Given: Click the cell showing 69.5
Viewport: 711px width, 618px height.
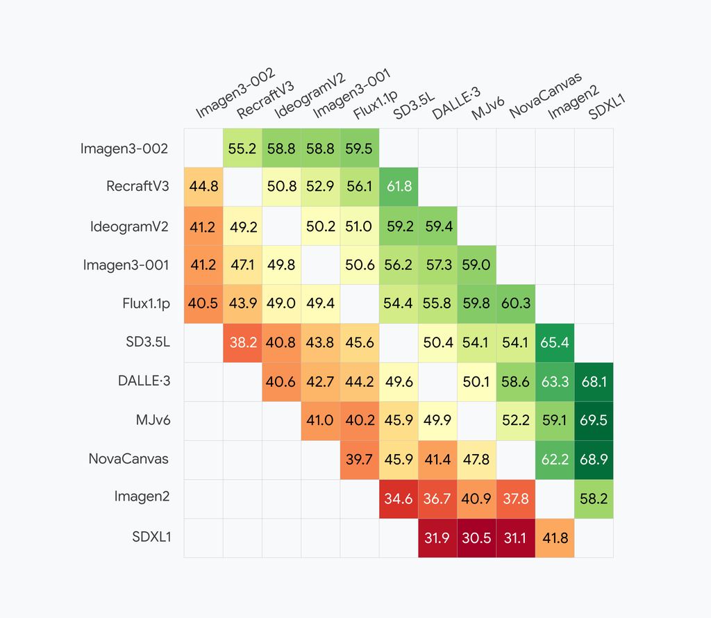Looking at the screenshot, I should pyautogui.click(x=594, y=421).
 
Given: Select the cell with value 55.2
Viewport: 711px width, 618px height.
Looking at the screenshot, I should pyautogui.click(x=242, y=149).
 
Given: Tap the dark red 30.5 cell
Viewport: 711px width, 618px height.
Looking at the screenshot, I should pyautogui.click(x=477, y=538).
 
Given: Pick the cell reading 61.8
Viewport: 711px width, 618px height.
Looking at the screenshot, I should pyautogui.click(x=399, y=187).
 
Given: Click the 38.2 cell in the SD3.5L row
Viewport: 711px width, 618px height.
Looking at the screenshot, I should pyautogui.click(x=242, y=343).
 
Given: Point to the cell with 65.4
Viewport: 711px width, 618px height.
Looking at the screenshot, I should pyautogui.click(x=555, y=343).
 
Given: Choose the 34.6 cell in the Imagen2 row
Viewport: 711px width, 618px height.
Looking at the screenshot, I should pyautogui.click(x=399, y=499).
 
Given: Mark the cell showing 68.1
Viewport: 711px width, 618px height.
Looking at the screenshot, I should pyautogui.click(x=594, y=382).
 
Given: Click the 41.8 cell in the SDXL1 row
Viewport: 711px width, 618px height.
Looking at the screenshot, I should pyautogui.click(x=555, y=538).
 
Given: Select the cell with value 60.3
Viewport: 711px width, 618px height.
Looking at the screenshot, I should pyautogui.click(x=516, y=304).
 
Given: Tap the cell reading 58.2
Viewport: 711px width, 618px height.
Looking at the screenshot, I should pyautogui.click(x=594, y=499).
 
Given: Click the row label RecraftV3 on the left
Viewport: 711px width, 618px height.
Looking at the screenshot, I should pyautogui.click(x=137, y=187).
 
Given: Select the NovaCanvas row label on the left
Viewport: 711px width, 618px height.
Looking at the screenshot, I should pyautogui.click(x=128, y=459).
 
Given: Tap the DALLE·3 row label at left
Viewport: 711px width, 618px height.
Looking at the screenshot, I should pyautogui.click(x=143, y=381).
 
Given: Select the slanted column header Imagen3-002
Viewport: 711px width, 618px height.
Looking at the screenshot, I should pyautogui.click(x=235, y=93).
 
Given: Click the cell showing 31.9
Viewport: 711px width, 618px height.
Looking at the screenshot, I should pyautogui.click(x=437, y=538).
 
